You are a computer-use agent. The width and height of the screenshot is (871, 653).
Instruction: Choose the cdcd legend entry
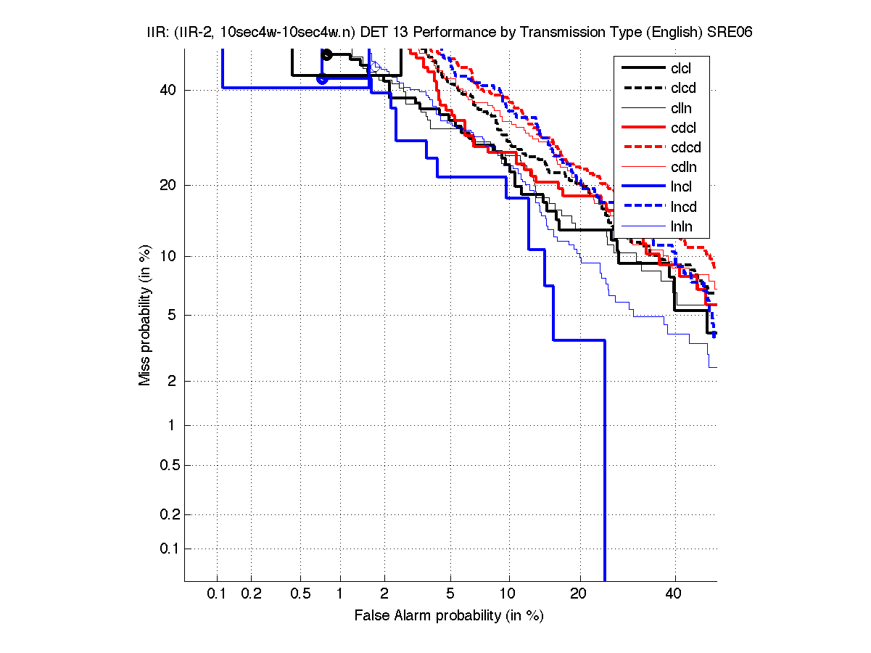685,147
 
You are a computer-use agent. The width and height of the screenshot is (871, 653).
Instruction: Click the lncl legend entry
681,186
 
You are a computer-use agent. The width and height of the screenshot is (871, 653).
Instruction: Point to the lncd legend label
684,206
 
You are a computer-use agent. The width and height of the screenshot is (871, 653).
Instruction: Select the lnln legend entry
682,226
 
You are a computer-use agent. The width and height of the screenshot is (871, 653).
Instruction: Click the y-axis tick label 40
168,90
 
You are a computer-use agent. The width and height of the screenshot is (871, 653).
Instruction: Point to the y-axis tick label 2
173,381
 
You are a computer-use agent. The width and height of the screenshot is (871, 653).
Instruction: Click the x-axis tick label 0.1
217,594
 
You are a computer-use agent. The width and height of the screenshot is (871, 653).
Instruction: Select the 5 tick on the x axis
450,594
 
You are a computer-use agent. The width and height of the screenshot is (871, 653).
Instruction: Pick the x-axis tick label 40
674,594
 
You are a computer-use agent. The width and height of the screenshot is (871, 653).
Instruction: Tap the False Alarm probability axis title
448,615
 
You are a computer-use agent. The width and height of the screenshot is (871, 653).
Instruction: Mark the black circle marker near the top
327,54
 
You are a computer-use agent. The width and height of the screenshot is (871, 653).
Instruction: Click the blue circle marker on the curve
323,78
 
